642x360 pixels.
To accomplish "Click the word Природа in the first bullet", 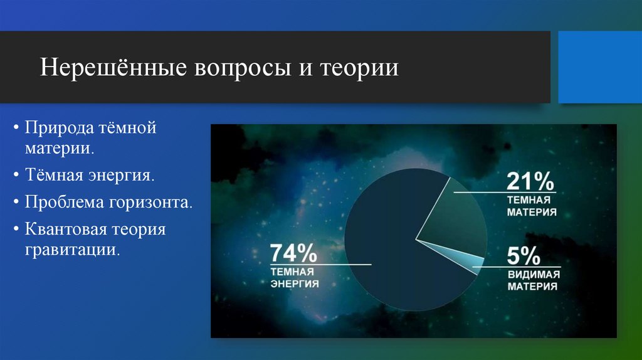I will click(x=59, y=129).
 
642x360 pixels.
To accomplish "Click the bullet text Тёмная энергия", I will click(x=90, y=176).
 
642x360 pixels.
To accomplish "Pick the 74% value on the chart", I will click(x=293, y=255).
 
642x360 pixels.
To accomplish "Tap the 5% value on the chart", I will click(x=524, y=257).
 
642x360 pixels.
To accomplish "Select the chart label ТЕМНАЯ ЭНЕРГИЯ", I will click(x=295, y=278).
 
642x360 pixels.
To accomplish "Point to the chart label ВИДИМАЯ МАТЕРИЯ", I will click(x=533, y=281).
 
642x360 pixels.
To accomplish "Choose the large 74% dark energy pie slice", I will click(x=389, y=251).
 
